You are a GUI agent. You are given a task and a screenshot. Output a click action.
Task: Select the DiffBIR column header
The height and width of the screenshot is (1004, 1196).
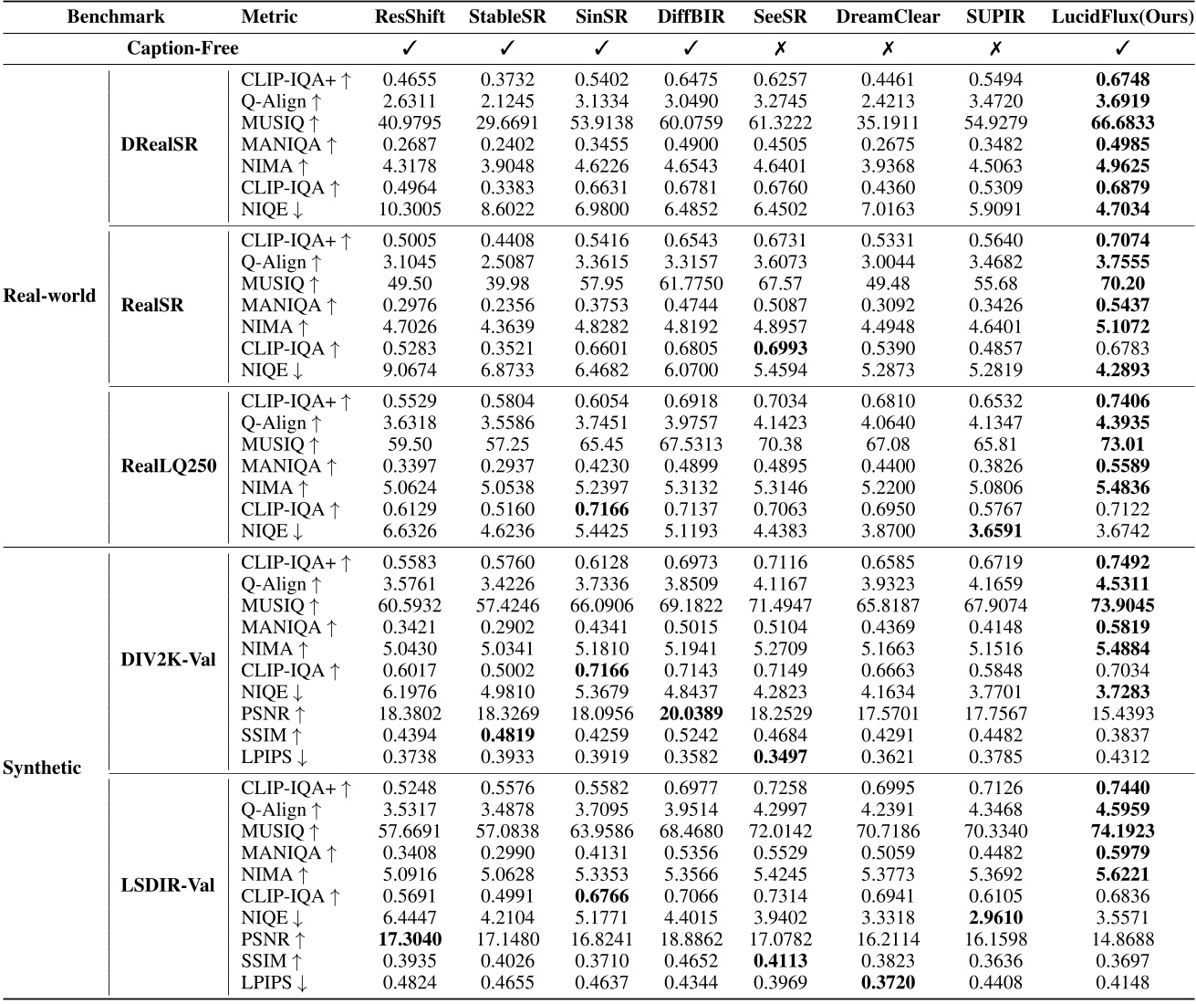(x=691, y=16)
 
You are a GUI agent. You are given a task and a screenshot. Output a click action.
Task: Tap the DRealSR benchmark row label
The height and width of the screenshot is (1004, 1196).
(x=160, y=144)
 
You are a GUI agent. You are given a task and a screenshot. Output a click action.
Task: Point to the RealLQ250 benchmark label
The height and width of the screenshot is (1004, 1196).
(x=169, y=465)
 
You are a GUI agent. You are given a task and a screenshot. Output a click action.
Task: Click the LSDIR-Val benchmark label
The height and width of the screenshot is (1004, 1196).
(x=169, y=884)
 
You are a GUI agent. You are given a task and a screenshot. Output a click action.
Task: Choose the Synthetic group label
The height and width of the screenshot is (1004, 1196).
(x=41, y=768)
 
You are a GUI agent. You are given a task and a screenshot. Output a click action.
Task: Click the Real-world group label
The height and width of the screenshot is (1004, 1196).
(x=49, y=295)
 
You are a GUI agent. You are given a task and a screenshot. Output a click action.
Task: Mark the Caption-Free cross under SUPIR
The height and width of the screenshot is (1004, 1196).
(x=996, y=47)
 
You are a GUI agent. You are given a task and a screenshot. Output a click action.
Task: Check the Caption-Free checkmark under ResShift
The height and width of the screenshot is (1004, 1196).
(x=410, y=47)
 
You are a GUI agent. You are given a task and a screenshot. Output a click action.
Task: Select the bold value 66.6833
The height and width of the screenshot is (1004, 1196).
(x=1122, y=122)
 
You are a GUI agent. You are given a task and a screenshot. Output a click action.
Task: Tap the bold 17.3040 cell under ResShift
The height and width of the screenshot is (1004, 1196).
(x=410, y=939)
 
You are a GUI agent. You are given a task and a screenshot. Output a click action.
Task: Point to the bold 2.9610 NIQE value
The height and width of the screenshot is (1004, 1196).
(x=996, y=917)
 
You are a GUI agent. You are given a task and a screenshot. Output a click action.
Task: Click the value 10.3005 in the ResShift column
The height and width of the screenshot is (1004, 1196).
(x=410, y=209)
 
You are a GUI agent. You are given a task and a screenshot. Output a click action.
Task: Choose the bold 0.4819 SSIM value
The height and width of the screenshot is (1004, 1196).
(x=508, y=735)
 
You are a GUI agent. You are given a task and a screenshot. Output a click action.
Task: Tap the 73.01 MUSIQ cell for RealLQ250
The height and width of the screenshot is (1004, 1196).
(x=1122, y=444)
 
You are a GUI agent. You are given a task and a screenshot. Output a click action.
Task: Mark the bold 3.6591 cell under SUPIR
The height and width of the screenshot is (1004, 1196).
(x=996, y=530)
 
